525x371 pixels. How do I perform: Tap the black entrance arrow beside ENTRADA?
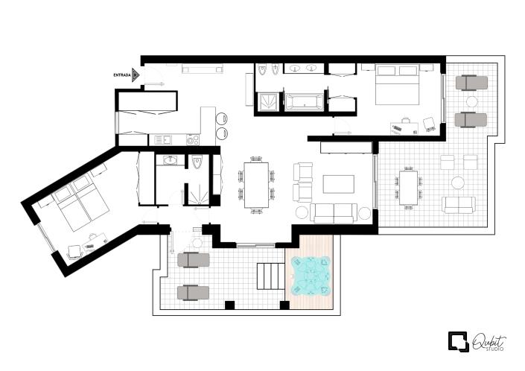[x=136, y=74]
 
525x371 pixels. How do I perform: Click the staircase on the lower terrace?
[x=269, y=276]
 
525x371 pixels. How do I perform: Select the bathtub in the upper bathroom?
[x=305, y=101]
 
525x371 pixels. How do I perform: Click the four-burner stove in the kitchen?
[x=193, y=139]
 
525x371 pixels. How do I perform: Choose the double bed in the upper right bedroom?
[x=396, y=85]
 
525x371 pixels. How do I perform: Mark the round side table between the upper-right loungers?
[x=471, y=101]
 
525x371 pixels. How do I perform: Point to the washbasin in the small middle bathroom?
[x=170, y=160]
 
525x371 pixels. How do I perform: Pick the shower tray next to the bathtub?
[x=269, y=101]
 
